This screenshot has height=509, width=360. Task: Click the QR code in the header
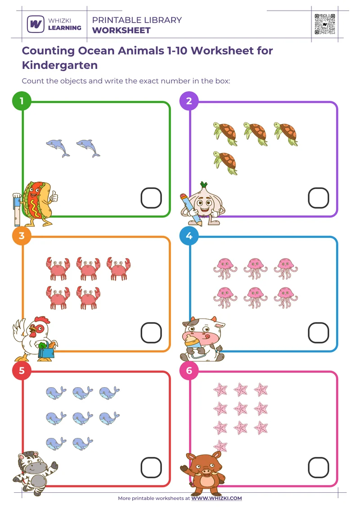tap(325, 24)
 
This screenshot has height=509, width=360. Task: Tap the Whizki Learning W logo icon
tap(36, 24)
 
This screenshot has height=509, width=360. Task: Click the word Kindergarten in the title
tap(59, 65)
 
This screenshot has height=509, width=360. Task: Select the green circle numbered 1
tap(22, 101)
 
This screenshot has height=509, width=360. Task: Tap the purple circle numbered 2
tap(189, 101)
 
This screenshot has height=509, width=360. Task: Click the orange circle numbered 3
tap(22, 236)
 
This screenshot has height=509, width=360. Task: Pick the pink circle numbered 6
tap(189, 371)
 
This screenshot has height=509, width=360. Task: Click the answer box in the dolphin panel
tap(151, 198)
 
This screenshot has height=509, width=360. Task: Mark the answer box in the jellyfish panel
tap(318, 333)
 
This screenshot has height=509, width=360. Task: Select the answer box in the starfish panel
tap(318, 468)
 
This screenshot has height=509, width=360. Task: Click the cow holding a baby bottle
tap(202, 339)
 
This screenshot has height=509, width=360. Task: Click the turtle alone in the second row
tap(225, 162)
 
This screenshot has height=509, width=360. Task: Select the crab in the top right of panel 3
tap(118, 268)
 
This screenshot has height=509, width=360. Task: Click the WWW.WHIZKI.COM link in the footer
tap(216, 498)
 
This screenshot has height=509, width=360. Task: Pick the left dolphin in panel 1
tap(58, 147)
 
